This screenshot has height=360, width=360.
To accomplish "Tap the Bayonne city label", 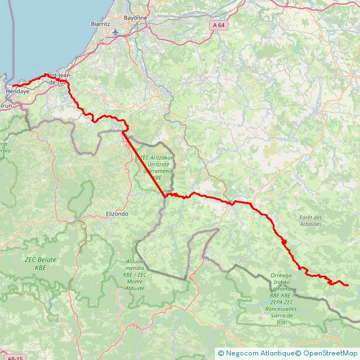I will [x=136, y=18].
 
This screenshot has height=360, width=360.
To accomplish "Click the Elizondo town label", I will [x=118, y=214].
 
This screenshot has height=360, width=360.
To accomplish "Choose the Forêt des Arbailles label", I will [x=310, y=220].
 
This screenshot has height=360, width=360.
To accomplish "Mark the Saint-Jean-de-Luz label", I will [x=57, y=78].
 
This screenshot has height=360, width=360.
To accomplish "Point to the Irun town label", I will [x=6, y=105].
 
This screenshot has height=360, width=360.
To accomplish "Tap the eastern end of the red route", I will [x=348, y=285].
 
